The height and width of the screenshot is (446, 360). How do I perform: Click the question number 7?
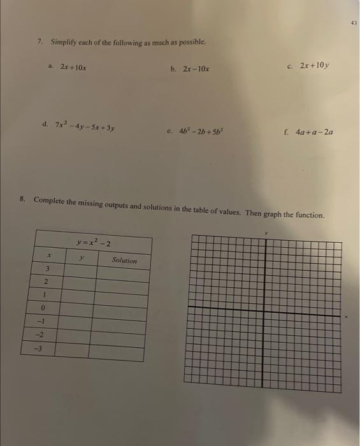(x=40, y=41)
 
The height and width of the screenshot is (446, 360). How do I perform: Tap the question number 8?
(x=22, y=199)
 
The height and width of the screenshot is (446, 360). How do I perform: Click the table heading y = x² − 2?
(x=94, y=242)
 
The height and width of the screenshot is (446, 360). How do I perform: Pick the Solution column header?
(x=124, y=260)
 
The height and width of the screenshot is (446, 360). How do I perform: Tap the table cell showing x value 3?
(x=47, y=269)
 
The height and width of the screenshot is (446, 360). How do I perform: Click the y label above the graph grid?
(x=267, y=233)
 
